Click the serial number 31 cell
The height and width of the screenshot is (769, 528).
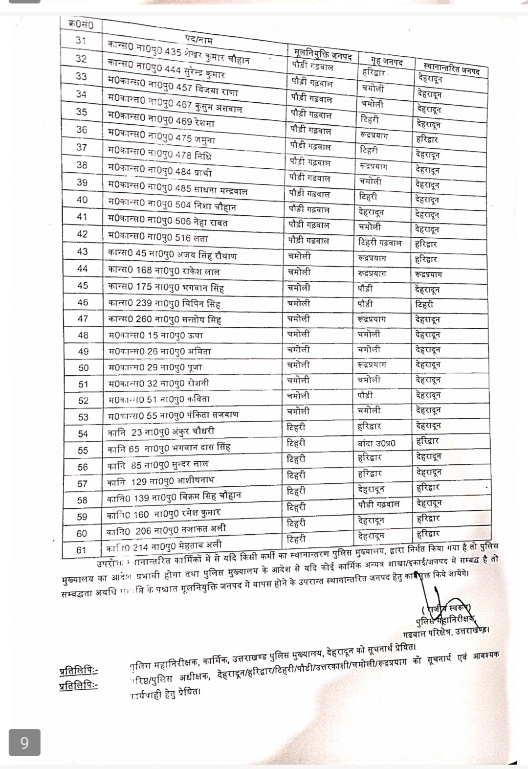(x=81, y=41)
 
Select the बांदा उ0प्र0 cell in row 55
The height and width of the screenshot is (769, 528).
(x=376, y=443)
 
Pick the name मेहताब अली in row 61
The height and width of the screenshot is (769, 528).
(x=164, y=544)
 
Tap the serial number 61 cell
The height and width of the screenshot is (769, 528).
(x=81, y=550)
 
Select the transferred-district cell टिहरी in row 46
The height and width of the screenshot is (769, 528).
(x=424, y=304)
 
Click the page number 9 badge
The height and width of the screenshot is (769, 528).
(x=24, y=743)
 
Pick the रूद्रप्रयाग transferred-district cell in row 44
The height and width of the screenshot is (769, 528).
(x=428, y=274)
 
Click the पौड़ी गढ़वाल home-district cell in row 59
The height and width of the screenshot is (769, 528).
(x=378, y=504)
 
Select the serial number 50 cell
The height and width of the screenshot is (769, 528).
(x=83, y=368)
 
